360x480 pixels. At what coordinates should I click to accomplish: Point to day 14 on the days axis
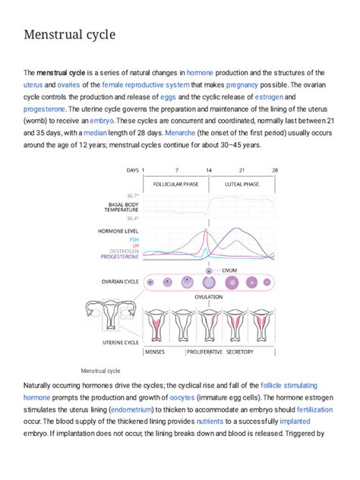[x=209, y=170]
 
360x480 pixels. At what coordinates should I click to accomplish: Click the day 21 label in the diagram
[x=242, y=170]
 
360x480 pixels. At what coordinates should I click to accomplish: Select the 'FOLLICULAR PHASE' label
[x=176, y=185]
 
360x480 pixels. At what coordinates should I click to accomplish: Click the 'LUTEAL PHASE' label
[x=242, y=185]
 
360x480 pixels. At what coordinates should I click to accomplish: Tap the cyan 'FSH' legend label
[x=134, y=238]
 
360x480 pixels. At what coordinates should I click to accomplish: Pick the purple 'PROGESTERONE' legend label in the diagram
[x=118, y=257]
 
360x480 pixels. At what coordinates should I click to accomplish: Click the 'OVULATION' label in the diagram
[x=208, y=296]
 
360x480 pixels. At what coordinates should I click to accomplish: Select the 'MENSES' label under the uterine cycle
[x=155, y=352]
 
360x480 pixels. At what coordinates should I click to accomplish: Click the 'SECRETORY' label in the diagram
[x=240, y=352]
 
